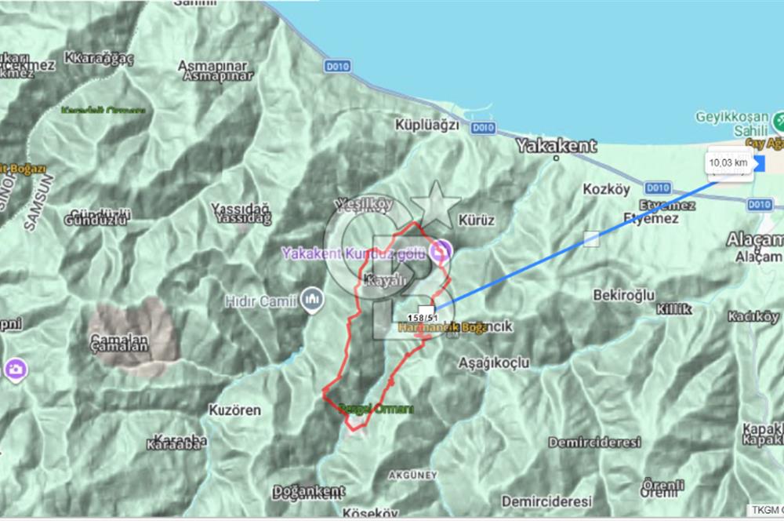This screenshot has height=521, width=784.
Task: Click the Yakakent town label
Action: point(557,146)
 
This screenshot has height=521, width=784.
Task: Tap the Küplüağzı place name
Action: point(427,126)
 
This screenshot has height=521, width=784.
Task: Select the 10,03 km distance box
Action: point(728,162)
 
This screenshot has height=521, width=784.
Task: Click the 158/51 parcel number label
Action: point(422,317)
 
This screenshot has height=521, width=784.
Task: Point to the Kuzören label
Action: point(235,410)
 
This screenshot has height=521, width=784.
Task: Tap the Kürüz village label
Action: point(477,220)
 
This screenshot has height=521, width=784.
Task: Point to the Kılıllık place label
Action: point(674,309)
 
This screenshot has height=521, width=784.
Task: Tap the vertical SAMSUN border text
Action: point(31,207)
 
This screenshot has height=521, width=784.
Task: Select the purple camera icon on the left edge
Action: point(14,368)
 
